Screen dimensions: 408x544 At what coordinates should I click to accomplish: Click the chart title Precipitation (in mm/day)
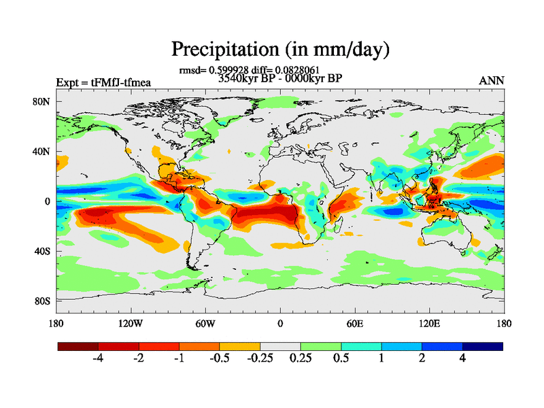tap(279, 50)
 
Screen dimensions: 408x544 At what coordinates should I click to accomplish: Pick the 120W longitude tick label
tap(130, 324)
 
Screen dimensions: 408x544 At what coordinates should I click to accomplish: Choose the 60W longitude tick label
tap(205, 324)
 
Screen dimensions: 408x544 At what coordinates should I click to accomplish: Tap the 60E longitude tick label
tap(354, 324)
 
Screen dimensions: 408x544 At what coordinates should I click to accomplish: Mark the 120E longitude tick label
tap(429, 324)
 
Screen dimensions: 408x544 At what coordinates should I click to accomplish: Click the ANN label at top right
tap(492, 81)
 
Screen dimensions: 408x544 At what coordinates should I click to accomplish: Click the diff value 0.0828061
tap(299, 69)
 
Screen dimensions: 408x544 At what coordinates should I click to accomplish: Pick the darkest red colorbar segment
tap(78, 346)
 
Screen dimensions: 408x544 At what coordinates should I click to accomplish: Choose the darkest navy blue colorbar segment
tap(482, 346)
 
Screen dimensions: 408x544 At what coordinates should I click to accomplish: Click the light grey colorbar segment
tap(280, 346)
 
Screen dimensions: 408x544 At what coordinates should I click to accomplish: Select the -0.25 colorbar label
tap(259, 358)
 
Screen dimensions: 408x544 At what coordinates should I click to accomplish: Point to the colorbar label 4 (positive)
tap(462, 358)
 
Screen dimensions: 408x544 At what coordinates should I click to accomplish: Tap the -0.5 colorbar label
tap(219, 358)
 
